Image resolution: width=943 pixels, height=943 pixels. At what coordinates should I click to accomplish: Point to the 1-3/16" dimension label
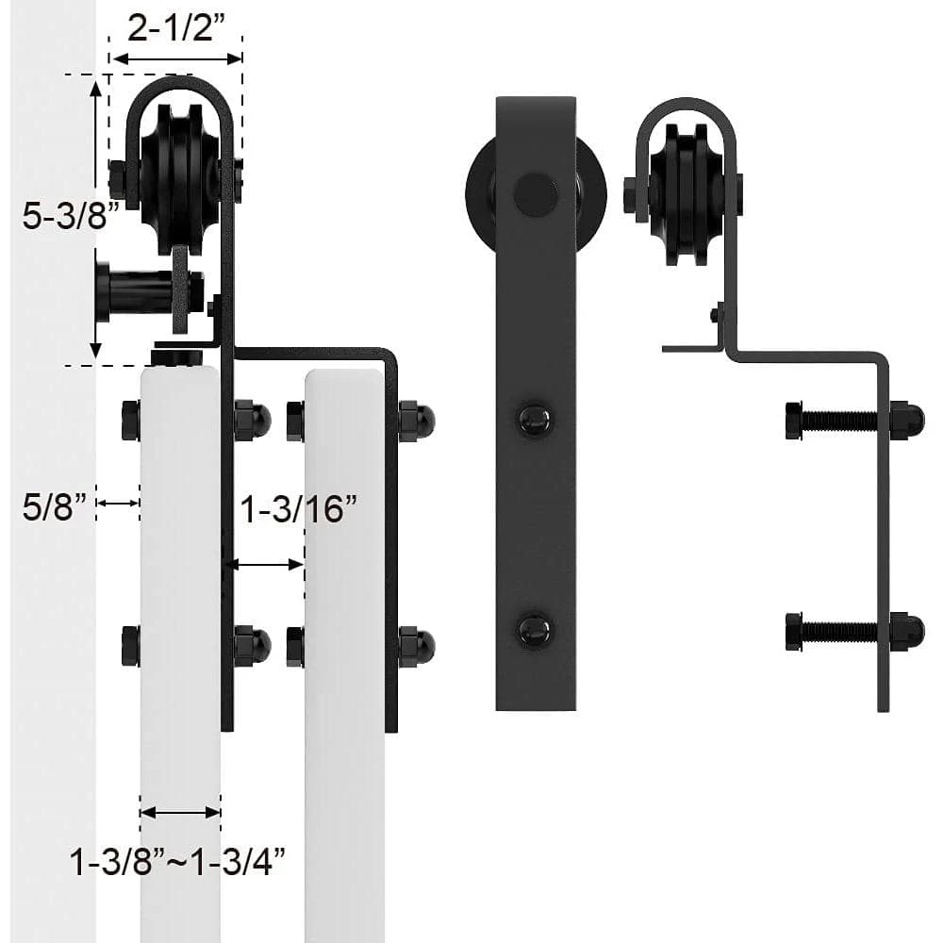pos(299,511)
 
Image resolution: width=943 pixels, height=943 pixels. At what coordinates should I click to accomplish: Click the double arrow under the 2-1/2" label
pos(176,59)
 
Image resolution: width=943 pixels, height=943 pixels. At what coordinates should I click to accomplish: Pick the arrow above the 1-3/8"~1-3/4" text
pos(180,811)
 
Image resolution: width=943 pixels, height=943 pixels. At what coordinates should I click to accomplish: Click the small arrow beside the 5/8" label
pos(118,504)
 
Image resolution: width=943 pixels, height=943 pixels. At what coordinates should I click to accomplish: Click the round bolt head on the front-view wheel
pos(535,192)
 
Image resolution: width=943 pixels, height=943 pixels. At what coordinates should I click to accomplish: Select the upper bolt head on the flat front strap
pos(535,418)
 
